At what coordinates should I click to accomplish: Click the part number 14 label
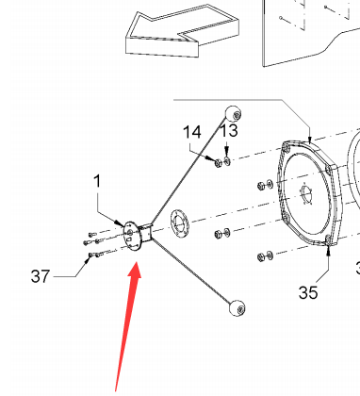pos(192,132)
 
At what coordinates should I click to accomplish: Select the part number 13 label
pos(229,130)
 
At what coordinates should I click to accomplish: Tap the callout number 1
pos(97,181)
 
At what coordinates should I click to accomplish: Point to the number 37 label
pos(41,276)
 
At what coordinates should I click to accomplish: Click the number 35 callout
pos(308,292)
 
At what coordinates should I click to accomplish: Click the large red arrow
pos(127,327)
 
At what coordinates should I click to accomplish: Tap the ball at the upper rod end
pos(234,114)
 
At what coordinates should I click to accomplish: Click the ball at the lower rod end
pos(237,308)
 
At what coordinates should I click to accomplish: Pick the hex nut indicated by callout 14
pos(219,163)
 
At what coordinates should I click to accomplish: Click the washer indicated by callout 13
pos(227,161)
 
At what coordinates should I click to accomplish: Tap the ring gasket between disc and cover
pos(179,223)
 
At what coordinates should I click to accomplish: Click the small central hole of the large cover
pos(305,194)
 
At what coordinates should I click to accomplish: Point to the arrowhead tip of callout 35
pos(328,245)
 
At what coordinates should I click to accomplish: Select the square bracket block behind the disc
pos(146,233)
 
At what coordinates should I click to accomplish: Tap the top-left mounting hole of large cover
pos(286,147)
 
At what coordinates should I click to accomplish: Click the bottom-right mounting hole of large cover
pos(328,240)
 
